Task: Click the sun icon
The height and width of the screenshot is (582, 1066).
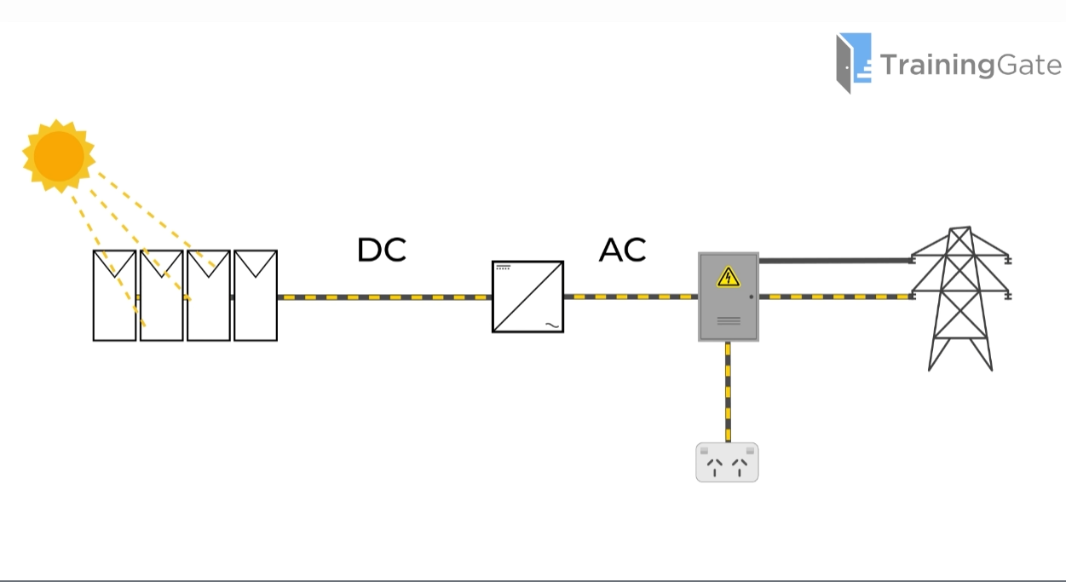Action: [58, 155]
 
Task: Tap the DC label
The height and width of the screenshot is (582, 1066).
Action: [381, 250]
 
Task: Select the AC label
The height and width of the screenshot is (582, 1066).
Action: [622, 250]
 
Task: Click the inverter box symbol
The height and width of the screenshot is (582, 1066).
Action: [527, 297]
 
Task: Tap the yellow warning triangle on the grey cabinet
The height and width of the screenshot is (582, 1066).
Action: [728, 277]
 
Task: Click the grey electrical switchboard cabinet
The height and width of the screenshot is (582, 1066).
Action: [728, 307]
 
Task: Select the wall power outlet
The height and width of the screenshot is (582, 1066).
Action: [727, 462]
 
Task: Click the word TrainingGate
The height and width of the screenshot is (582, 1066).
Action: [971, 65]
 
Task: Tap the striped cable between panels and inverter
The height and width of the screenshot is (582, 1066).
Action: [383, 297]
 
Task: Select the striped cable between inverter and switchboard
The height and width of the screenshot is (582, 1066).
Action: [631, 297]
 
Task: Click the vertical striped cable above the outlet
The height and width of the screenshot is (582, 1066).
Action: [728, 392]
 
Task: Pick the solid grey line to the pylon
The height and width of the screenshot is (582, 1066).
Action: [835, 261]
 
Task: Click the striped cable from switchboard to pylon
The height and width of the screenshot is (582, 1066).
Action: [835, 297]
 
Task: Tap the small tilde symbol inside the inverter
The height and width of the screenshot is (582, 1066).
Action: [551, 324]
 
